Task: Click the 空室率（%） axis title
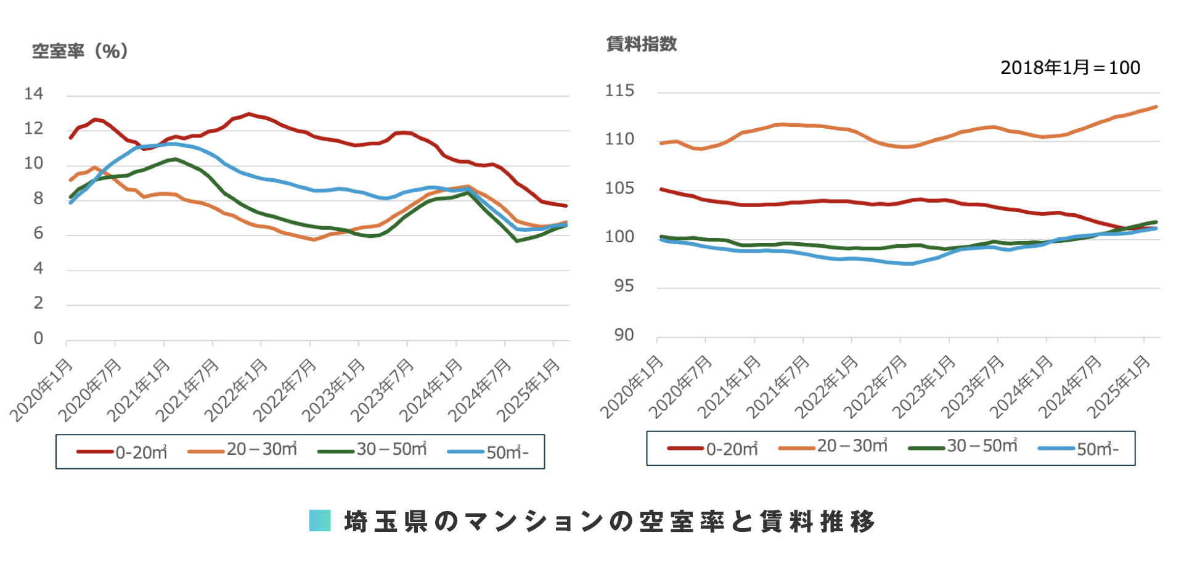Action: click(x=80, y=51)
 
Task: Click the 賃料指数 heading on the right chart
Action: click(x=641, y=44)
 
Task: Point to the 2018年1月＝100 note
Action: click(x=1070, y=68)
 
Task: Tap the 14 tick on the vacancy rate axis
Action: click(x=34, y=94)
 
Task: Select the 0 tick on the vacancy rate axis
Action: click(x=38, y=338)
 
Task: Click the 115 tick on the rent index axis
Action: click(x=619, y=91)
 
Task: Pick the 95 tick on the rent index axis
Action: click(x=624, y=287)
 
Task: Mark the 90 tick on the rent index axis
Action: click(x=624, y=335)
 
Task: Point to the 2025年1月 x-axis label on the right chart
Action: click(x=1119, y=386)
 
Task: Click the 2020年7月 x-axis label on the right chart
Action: click(x=680, y=386)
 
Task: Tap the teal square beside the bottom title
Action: click(x=320, y=521)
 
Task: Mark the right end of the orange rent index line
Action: click(x=1156, y=107)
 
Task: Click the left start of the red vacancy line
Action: click(x=70, y=137)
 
